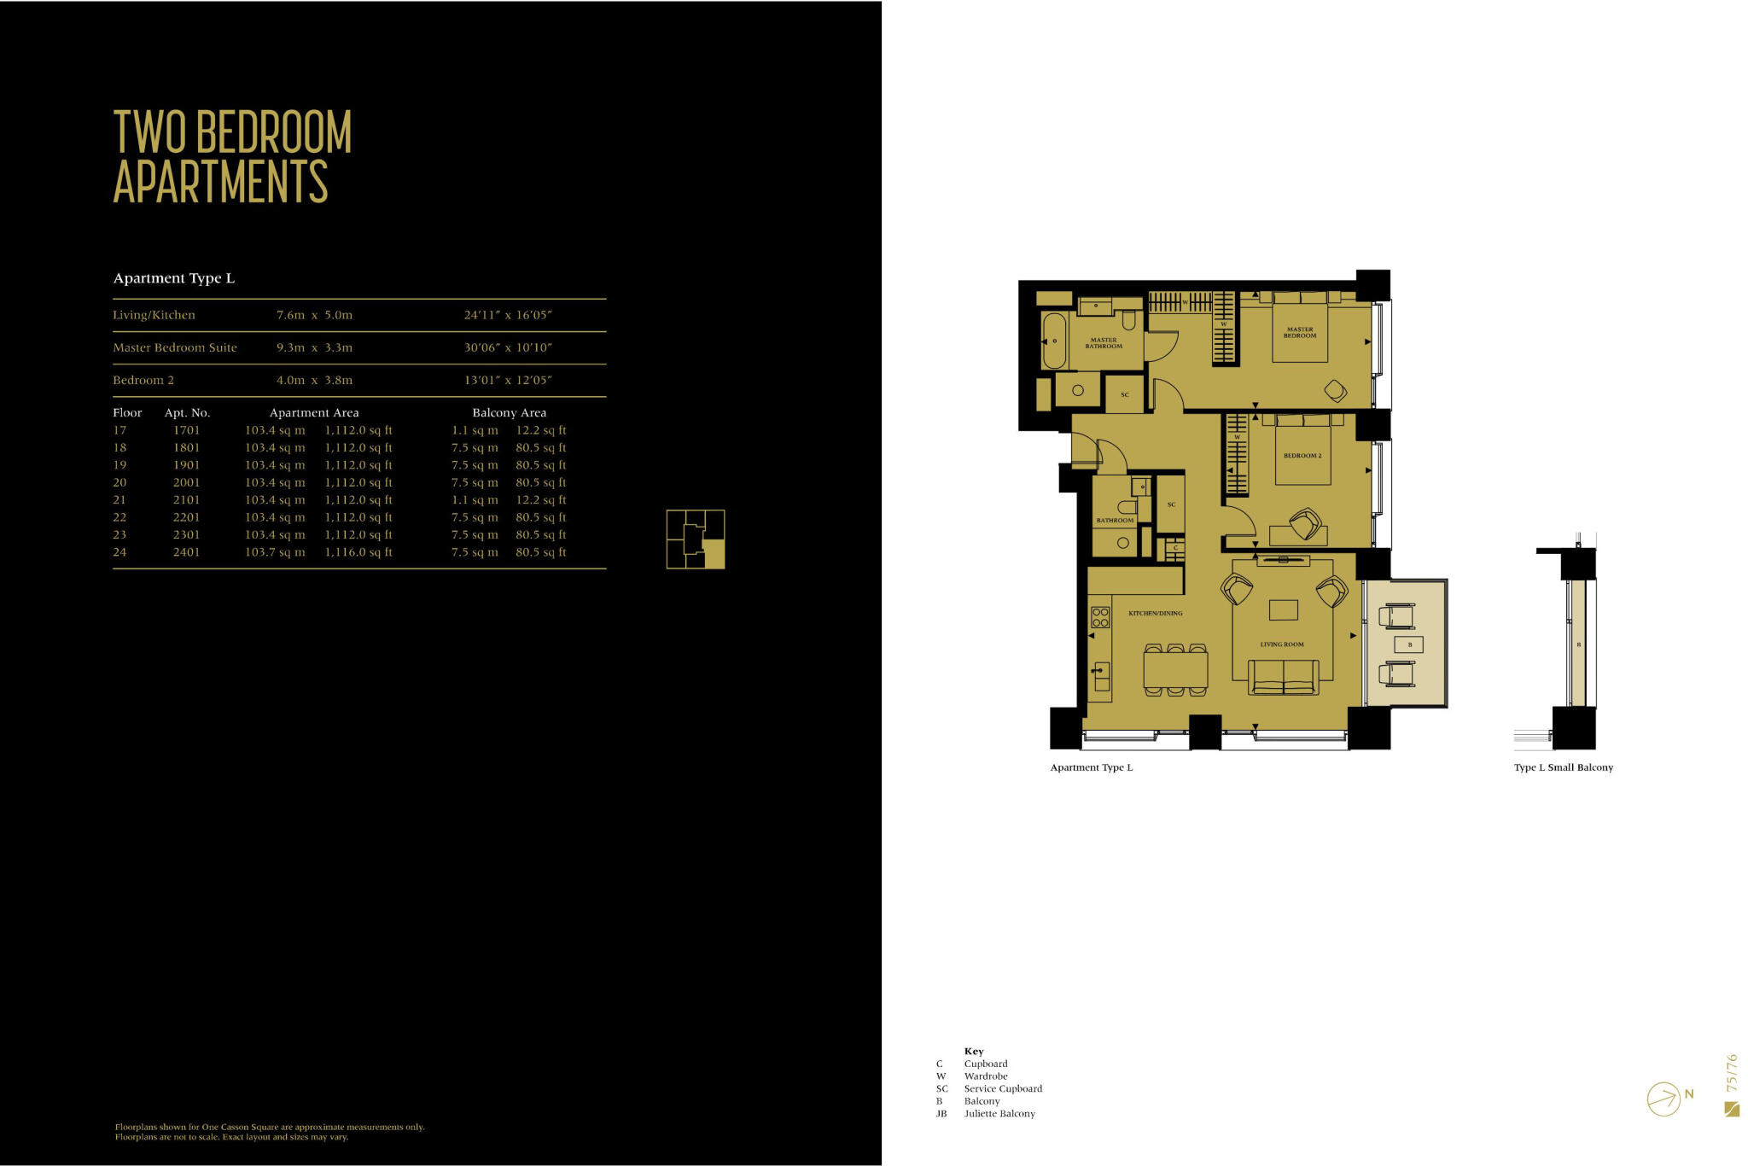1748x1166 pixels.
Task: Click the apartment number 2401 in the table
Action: tap(186, 552)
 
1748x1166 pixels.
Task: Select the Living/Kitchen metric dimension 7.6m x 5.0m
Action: tap(314, 315)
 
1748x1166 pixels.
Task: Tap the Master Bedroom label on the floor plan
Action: tap(1300, 332)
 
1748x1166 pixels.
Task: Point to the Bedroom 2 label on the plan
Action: tap(1302, 456)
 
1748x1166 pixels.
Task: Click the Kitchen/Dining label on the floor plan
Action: tap(1155, 613)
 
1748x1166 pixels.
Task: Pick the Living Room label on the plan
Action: tap(1282, 644)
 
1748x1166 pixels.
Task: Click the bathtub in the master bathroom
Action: tap(1054, 341)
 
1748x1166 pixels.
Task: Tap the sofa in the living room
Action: tap(1283, 678)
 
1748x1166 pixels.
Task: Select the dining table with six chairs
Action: tap(1175, 669)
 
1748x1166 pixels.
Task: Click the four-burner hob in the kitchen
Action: tap(1100, 617)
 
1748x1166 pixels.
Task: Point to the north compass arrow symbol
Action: tap(1664, 1099)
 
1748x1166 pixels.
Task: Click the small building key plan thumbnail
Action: tap(696, 539)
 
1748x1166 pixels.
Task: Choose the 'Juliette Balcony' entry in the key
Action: tap(999, 1114)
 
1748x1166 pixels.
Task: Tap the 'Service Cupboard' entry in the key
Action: tap(1003, 1088)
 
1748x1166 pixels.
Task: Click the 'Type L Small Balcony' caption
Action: tap(1563, 767)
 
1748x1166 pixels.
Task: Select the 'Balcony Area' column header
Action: tap(510, 412)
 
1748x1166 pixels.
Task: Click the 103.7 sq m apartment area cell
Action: tap(275, 552)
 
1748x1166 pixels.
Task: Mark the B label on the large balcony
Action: tap(1409, 644)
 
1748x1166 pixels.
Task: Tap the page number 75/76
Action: tap(1731, 1073)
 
